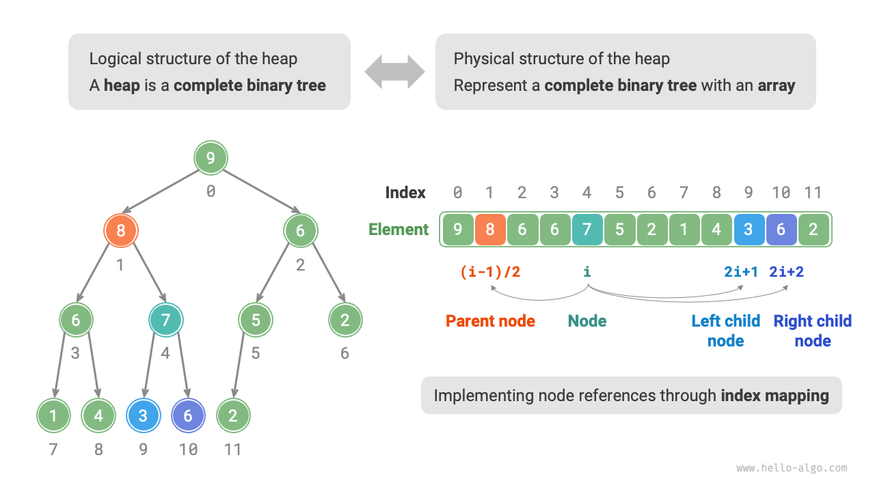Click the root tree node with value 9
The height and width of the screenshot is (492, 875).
[211, 159]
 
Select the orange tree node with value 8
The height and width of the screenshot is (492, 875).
[121, 230]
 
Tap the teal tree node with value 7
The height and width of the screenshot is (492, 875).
[166, 320]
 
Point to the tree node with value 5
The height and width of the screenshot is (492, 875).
[256, 320]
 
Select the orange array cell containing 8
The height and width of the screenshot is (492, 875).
[490, 230]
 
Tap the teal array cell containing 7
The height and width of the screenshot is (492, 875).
[587, 230]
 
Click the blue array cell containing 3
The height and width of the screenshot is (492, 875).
[749, 230]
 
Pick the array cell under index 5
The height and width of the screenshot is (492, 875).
[619, 230]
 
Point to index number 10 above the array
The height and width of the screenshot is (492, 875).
[781, 193]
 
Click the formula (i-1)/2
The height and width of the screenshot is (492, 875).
[490, 272]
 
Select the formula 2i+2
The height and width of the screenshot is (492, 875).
[786, 272]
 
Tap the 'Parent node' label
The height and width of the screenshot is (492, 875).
[490, 321]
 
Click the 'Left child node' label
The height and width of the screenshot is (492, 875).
[725, 330]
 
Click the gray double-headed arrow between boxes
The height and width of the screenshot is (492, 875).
[394, 72]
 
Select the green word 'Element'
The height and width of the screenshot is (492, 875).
[399, 230]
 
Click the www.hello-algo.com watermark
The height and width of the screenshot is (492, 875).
[792, 468]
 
